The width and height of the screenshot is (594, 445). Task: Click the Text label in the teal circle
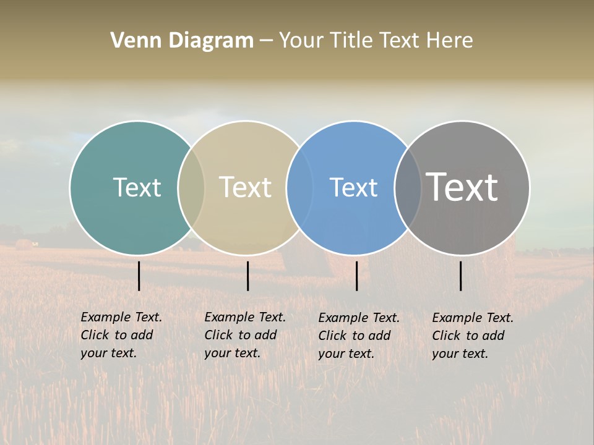pos(137,187)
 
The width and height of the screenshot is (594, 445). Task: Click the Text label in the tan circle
pos(245,187)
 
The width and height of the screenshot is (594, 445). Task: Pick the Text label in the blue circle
pos(353,187)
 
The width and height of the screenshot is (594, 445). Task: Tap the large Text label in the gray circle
pos(462,187)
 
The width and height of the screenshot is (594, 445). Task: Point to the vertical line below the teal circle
pos(139,276)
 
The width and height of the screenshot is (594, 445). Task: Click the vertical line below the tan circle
pos(247,276)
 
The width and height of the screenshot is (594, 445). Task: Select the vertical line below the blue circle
pos(356,276)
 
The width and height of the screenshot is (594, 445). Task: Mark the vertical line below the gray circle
pos(460,276)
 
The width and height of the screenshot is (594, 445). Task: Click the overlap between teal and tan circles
pos(191,187)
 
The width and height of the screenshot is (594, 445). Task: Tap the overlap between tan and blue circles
pos(299,187)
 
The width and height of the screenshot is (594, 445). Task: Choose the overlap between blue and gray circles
pos(407,187)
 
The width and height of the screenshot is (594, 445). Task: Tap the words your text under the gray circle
pos(460,354)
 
